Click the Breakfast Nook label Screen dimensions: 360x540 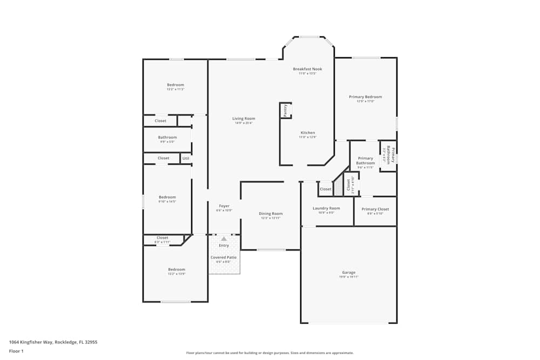pos(307,69)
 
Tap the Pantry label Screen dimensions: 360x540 pos(286,110)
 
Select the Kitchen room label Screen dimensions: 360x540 pos(307,133)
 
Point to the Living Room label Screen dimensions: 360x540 pos(244,119)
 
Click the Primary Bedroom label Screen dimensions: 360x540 pos(365,97)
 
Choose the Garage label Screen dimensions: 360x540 pos(348,273)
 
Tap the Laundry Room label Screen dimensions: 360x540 pos(326,208)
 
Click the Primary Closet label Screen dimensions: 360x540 pos(375,209)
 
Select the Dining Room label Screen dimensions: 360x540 pos(271,214)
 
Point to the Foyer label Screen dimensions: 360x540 pos(224,206)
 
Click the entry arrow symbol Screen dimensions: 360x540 pos(224,238)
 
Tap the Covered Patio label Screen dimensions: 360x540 pos(224,257)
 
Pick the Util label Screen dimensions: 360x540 pos(185,158)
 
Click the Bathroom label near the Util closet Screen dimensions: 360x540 pos(167,138)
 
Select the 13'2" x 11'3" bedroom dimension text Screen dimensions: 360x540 pos(175,89)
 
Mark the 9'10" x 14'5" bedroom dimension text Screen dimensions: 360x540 pos(167,202)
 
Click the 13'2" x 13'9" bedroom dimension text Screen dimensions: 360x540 pos(176,274)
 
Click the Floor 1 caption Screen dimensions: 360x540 pos(16,351)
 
